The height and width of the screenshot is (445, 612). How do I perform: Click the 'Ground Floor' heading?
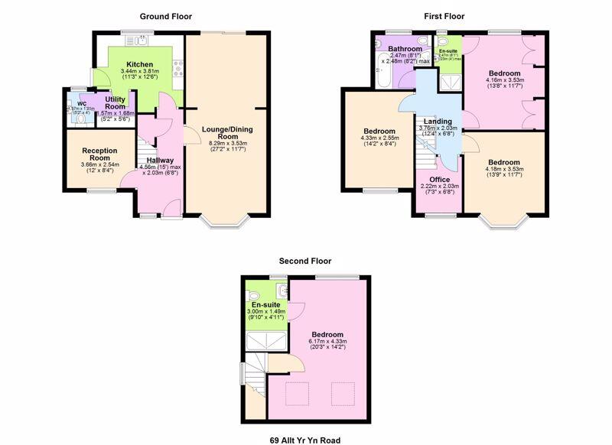[165, 16]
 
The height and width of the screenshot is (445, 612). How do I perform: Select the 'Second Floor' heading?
[305, 261]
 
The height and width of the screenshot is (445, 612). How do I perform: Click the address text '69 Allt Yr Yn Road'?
[305, 439]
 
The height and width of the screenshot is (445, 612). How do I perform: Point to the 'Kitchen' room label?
[140, 64]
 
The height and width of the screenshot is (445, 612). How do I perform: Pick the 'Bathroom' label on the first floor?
[405, 48]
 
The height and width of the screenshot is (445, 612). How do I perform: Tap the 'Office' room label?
[440, 179]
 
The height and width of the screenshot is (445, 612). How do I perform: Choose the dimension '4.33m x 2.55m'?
[379, 138]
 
